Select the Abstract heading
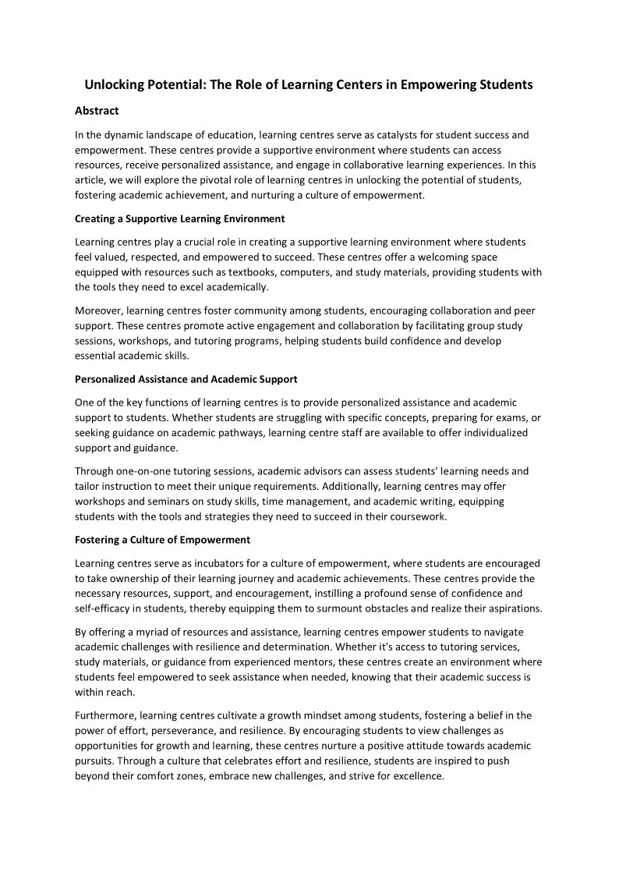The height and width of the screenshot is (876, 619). tap(97, 111)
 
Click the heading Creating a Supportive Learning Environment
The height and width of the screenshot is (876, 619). tap(179, 218)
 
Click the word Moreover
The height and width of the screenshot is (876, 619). tap(97, 310)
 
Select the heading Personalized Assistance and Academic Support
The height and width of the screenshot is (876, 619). tap(186, 379)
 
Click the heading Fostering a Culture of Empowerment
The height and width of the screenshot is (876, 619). tap(162, 539)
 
